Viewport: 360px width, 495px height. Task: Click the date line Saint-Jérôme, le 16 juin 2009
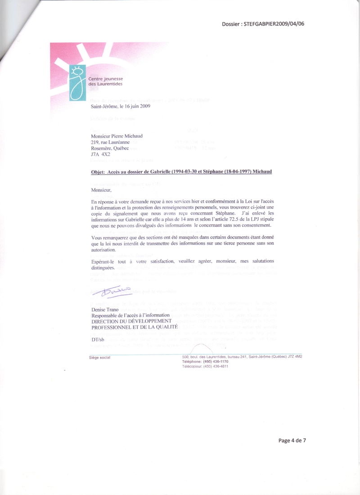tap(120, 107)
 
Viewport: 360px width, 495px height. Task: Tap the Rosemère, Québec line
tap(109, 148)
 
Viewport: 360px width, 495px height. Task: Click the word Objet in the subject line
tap(98, 172)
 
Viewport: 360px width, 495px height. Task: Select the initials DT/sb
tap(97, 340)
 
